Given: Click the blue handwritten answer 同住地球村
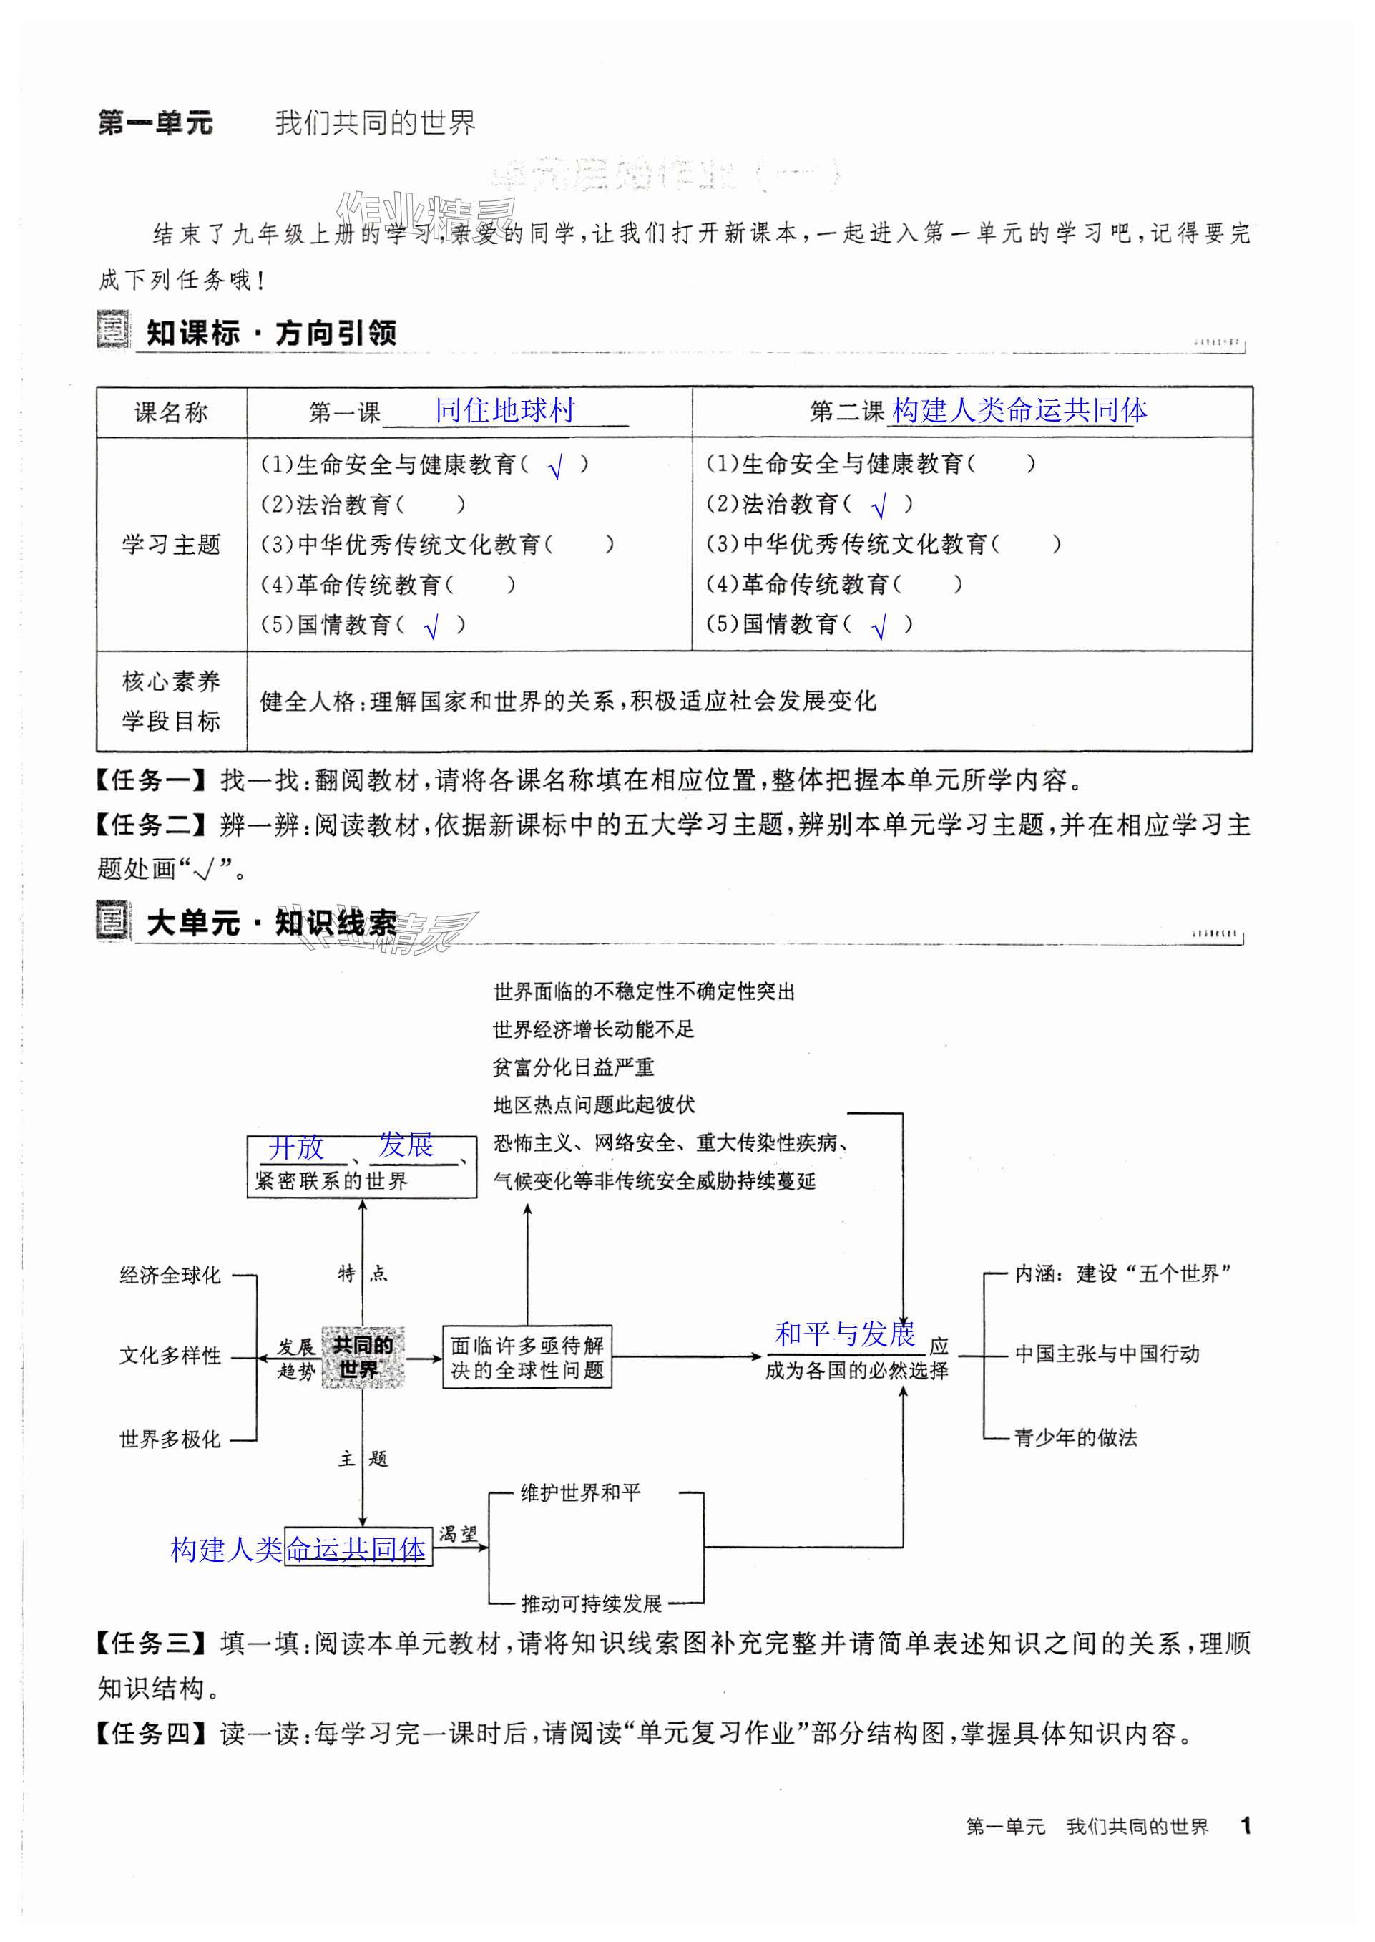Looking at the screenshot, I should pyautogui.click(x=506, y=411).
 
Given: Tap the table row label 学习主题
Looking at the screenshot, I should pyautogui.click(x=171, y=545).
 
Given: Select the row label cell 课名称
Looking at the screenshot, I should pyautogui.click(x=171, y=412).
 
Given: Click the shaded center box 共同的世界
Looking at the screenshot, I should pyautogui.click(x=363, y=1356).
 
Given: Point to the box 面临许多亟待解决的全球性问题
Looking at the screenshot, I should pyautogui.click(x=527, y=1356).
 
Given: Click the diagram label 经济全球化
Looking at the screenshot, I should pyautogui.click(x=170, y=1275).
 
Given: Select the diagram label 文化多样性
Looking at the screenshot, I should pyautogui.click(x=170, y=1355).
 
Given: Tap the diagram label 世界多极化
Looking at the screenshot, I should pyautogui.click(x=170, y=1438).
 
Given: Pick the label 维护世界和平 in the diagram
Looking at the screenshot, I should pyautogui.click(x=581, y=1492).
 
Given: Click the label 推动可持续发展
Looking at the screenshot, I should pyautogui.click(x=591, y=1603).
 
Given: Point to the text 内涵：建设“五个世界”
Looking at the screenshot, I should pyautogui.click(x=1122, y=1273).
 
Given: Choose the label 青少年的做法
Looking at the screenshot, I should pyautogui.click(x=1076, y=1437).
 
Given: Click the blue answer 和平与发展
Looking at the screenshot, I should pyautogui.click(x=846, y=1334).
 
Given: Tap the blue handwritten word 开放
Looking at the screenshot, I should pyautogui.click(x=296, y=1147).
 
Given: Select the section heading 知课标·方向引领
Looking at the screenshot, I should pyautogui.click(x=271, y=333).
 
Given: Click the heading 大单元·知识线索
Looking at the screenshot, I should pyautogui.click(x=271, y=922).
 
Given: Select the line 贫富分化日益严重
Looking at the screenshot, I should pyautogui.click(x=573, y=1067).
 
